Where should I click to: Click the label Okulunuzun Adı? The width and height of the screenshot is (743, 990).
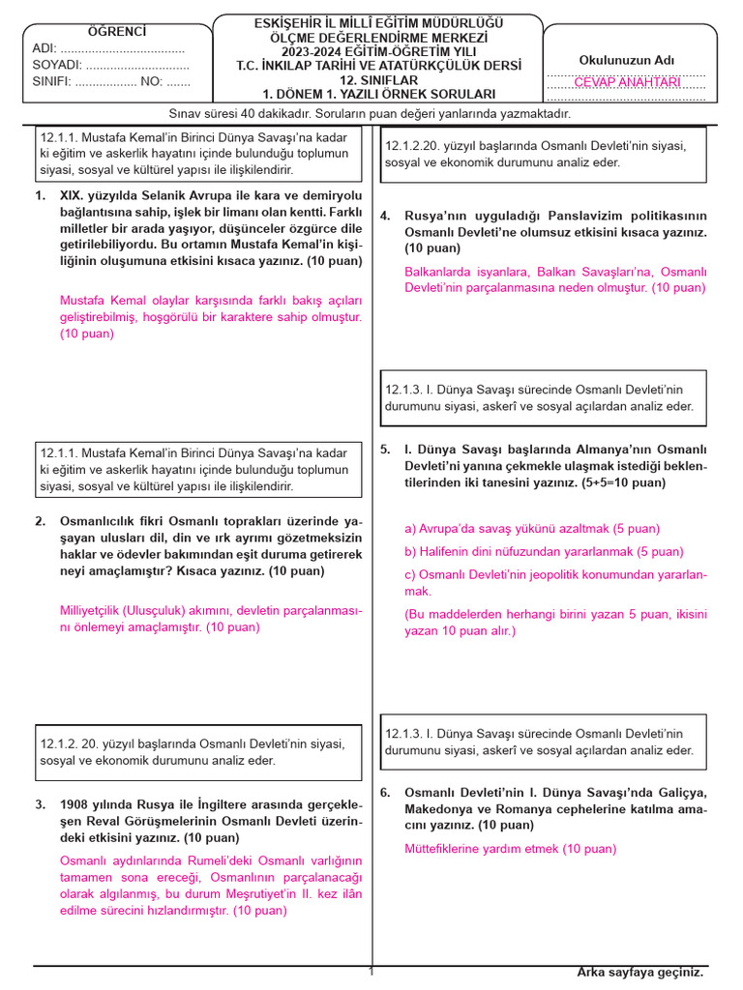[x=626, y=60]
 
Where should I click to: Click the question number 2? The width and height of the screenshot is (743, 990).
[x=40, y=521]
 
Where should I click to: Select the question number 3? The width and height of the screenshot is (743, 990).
[x=40, y=804]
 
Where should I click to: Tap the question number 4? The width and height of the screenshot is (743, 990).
[x=384, y=216]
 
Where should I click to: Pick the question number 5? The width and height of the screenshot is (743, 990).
[x=384, y=450]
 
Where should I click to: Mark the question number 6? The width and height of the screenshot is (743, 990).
[x=384, y=792]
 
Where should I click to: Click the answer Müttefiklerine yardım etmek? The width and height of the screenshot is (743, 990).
[x=510, y=849]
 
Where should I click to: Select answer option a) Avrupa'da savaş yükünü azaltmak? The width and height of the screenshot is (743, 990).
[x=532, y=528]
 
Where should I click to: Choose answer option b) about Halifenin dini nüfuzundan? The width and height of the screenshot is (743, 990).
[x=544, y=551]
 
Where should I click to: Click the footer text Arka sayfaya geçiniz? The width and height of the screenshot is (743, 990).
[x=640, y=972]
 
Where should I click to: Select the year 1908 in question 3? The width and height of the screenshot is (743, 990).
[x=74, y=804]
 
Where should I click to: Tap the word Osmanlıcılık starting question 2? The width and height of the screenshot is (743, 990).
[x=100, y=521]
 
